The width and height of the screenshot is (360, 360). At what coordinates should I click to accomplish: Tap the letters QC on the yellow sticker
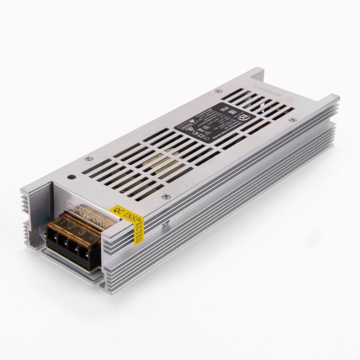pyautogui.click(x=116, y=211)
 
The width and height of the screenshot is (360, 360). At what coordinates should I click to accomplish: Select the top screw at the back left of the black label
pyautogui.click(x=218, y=91)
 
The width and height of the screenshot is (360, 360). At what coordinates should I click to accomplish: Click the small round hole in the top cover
pyautogui.click(x=71, y=178)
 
